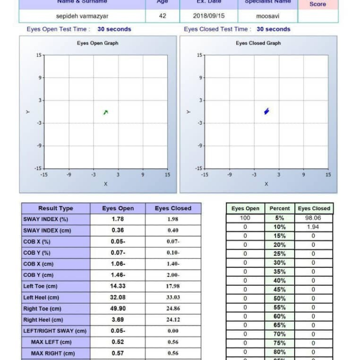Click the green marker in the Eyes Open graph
(106, 112)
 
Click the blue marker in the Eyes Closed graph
(266, 111)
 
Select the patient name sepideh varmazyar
(82, 16)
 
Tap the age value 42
(162, 16)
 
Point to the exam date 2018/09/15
(208, 16)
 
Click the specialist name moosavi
(267, 16)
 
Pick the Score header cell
(318, 4)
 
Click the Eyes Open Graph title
(98, 43)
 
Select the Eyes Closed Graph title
(258, 43)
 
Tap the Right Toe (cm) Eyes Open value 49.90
(117, 309)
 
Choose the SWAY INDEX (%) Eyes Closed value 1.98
(173, 219)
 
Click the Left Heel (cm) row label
(41, 297)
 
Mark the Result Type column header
(55, 208)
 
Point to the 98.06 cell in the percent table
(313, 218)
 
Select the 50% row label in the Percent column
(279, 298)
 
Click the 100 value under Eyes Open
(245, 218)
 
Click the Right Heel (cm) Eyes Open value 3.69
(117, 320)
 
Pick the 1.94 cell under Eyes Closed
(313, 227)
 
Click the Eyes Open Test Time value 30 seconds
(114, 29)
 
